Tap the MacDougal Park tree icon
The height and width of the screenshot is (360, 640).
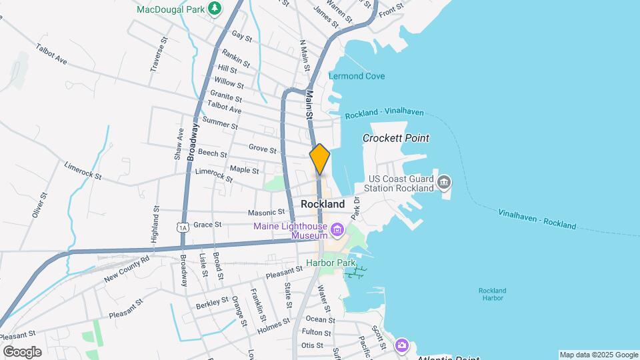point(214,8)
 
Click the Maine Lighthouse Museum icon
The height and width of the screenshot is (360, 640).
point(337,231)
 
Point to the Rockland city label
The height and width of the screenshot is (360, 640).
point(323,204)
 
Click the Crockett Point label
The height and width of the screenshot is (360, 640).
point(396,138)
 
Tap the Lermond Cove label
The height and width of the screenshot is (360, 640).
point(357,76)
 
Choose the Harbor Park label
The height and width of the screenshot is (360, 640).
point(328,263)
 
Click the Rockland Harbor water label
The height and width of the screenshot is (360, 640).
point(492,295)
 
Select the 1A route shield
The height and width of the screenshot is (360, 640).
point(183,227)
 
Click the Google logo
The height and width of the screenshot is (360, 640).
point(22,351)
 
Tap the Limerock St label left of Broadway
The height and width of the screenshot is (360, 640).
point(83,171)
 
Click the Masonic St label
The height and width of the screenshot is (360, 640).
point(248,213)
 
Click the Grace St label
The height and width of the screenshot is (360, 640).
point(207,225)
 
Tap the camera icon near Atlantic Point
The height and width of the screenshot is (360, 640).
point(401,345)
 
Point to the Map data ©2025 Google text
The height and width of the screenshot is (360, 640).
point(598,355)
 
